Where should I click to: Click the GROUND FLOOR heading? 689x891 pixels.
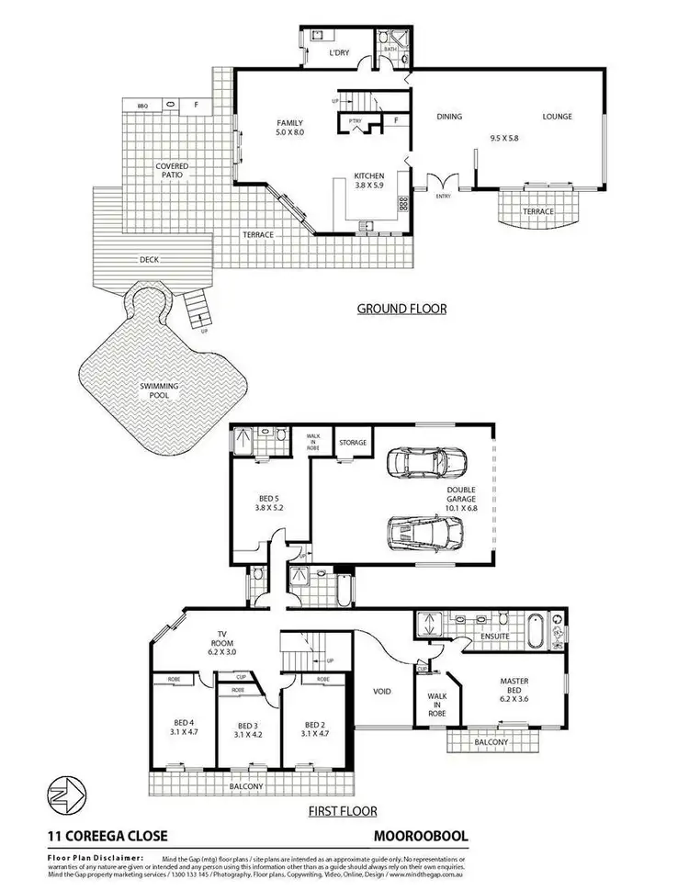401,309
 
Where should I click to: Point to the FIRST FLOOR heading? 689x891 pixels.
344,811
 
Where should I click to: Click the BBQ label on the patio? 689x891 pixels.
142,107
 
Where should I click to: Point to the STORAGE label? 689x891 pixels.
352,443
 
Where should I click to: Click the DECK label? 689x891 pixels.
149,260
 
